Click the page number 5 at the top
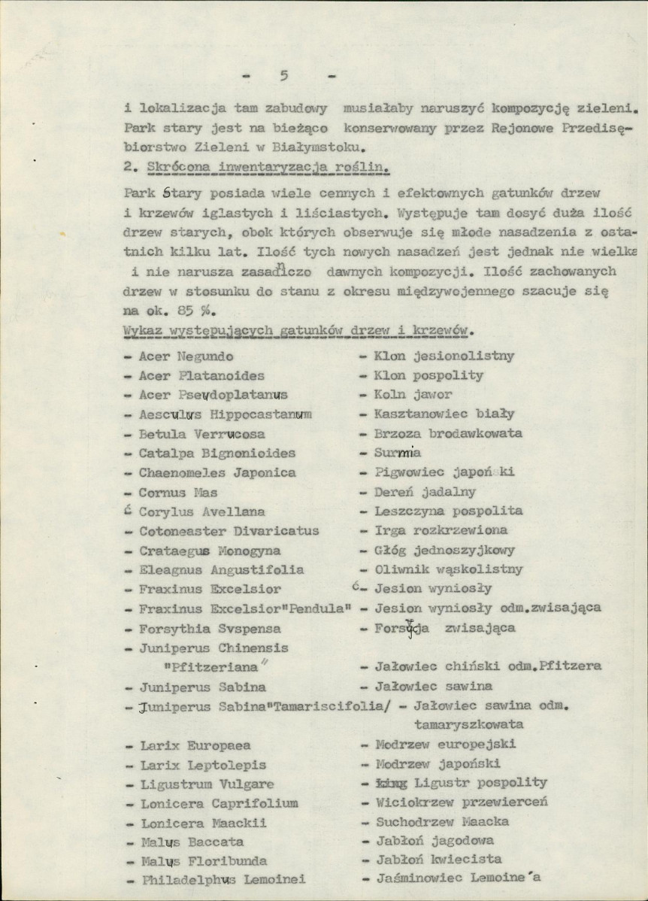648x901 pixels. (283, 75)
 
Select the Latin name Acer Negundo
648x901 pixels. (186, 356)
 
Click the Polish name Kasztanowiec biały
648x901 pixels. (444, 414)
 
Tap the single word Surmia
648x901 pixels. (398, 453)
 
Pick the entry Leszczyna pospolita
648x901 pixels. (448, 511)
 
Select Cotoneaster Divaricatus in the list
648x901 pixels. (229, 531)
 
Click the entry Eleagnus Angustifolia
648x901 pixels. (221, 570)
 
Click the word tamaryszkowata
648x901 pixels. (468, 725)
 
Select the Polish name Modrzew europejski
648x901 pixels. (445, 745)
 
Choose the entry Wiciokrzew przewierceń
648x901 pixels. (461, 802)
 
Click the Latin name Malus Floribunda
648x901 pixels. (203, 861)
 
